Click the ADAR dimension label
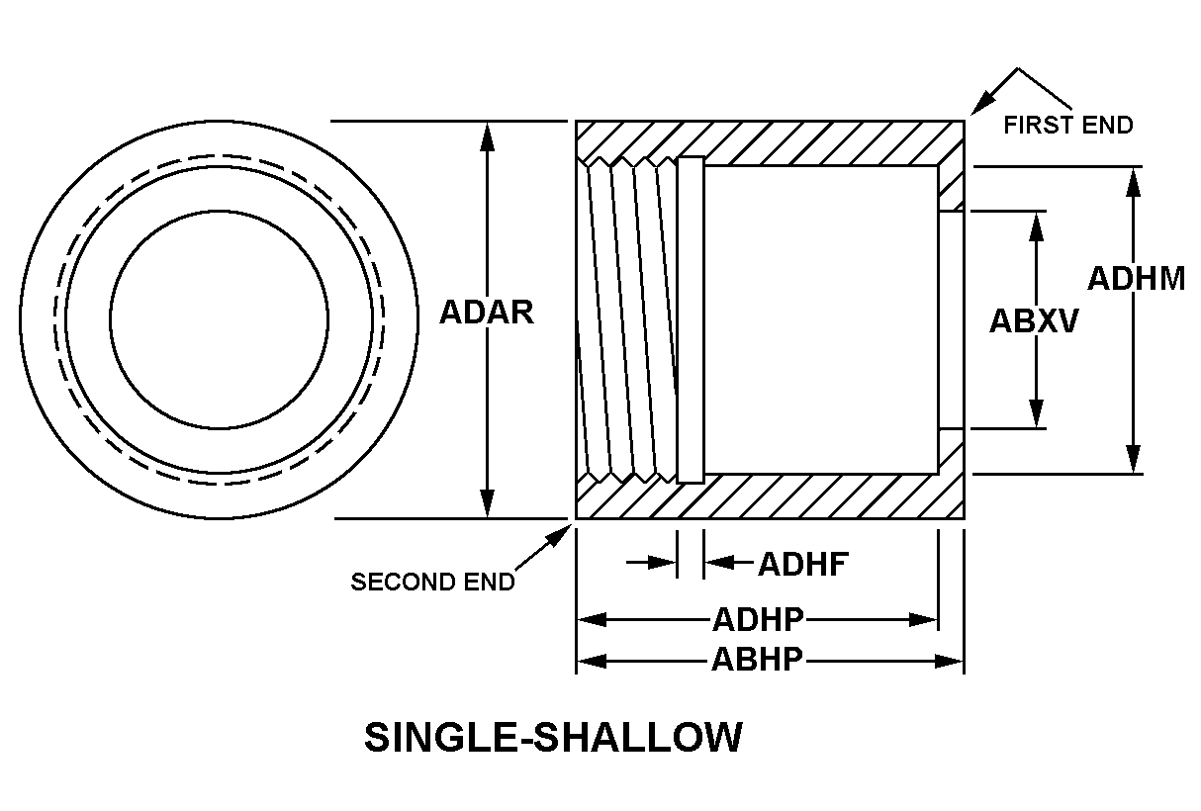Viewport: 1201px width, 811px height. (x=486, y=312)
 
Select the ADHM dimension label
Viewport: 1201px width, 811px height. (x=1136, y=279)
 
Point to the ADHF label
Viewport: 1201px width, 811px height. (x=803, y=564)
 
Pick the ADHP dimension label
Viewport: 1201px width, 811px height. (x=758, y=620)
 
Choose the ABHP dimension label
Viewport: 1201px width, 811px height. (x=757, y=660)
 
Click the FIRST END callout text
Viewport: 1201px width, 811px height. (x=1067, y=126)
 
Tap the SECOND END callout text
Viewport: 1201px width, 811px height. (x=432, y=582)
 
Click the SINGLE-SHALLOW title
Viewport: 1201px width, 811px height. (x=553, y=738)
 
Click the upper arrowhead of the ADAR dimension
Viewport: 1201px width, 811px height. (x=486, y=136)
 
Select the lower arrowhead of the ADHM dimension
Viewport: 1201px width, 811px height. (x=1135, y=460)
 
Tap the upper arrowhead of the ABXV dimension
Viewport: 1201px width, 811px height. (x=1036, y=225)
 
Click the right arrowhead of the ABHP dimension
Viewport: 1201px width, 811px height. (x=951, y=661)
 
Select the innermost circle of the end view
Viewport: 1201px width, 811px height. (x=219, y=319)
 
